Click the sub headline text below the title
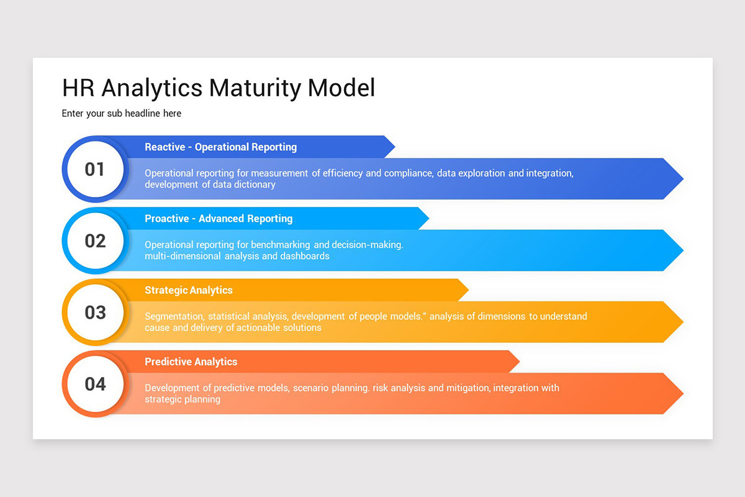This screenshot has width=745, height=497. click(x=122, y=114)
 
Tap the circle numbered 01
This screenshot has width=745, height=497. click(x=95, y=169)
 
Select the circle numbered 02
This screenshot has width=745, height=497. click(x=95, y=241)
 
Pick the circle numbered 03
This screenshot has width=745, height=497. click(x=95, y=312)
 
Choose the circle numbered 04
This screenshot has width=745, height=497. click(x=95, y=384)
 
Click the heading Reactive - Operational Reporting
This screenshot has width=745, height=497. click(x=220, y=147)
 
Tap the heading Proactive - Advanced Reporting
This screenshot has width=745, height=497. click(x=219, y=219)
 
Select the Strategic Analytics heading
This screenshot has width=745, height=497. click(x=189, y=290)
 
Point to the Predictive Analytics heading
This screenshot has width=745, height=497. click(x=191, y=362)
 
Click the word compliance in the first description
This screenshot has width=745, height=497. click(x=408, y=173)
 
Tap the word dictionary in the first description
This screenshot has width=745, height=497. click(x=254, y=185)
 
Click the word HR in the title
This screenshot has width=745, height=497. click(x=78, y=88)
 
